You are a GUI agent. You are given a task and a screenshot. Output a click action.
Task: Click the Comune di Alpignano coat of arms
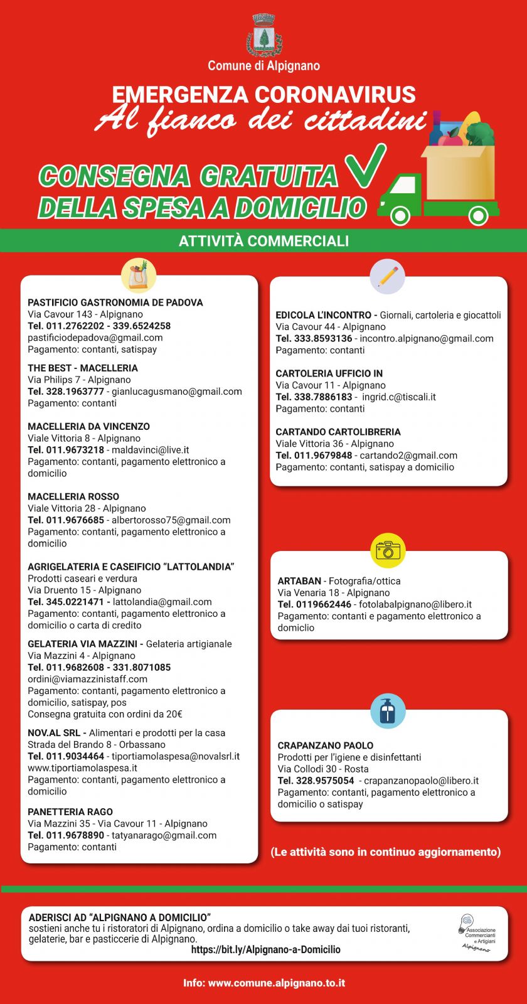coord(264,36)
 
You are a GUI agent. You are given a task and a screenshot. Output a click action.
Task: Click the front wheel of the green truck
coord(400,215)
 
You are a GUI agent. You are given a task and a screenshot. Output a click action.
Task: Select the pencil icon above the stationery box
coord(388,277)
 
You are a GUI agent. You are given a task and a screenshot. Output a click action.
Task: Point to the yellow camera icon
coord(388,550)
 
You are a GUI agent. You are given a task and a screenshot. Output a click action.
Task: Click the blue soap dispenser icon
coord(388,711)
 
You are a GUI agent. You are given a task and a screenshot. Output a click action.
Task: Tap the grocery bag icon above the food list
coord(139,275)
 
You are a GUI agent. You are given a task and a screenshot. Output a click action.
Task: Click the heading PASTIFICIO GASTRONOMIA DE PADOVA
coord(115,302)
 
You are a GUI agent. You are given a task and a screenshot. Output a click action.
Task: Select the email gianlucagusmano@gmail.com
coord(177,392)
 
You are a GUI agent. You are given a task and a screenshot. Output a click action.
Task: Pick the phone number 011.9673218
coord(75,450)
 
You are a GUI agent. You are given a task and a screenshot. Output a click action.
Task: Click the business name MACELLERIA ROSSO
coord(73,496)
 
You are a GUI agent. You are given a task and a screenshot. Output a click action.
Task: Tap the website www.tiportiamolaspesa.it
coord(82,768)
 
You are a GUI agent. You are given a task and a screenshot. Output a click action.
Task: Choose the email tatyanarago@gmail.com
coord(164,835)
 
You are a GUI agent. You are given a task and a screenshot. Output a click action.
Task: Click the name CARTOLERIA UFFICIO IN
coord(329,373)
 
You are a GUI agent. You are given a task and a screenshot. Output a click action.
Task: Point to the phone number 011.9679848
coord(323,456)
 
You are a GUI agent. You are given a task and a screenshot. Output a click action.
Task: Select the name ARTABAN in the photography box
coord(299,581)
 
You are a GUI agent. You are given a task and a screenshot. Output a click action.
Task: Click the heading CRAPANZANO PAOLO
coord(326,745)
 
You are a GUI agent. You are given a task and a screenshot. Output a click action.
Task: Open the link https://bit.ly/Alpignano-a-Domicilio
coord(266,949)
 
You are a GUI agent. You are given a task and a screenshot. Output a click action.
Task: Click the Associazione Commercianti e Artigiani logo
coord(477,932)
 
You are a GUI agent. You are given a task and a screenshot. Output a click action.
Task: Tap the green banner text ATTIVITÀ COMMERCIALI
coord(263,241)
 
